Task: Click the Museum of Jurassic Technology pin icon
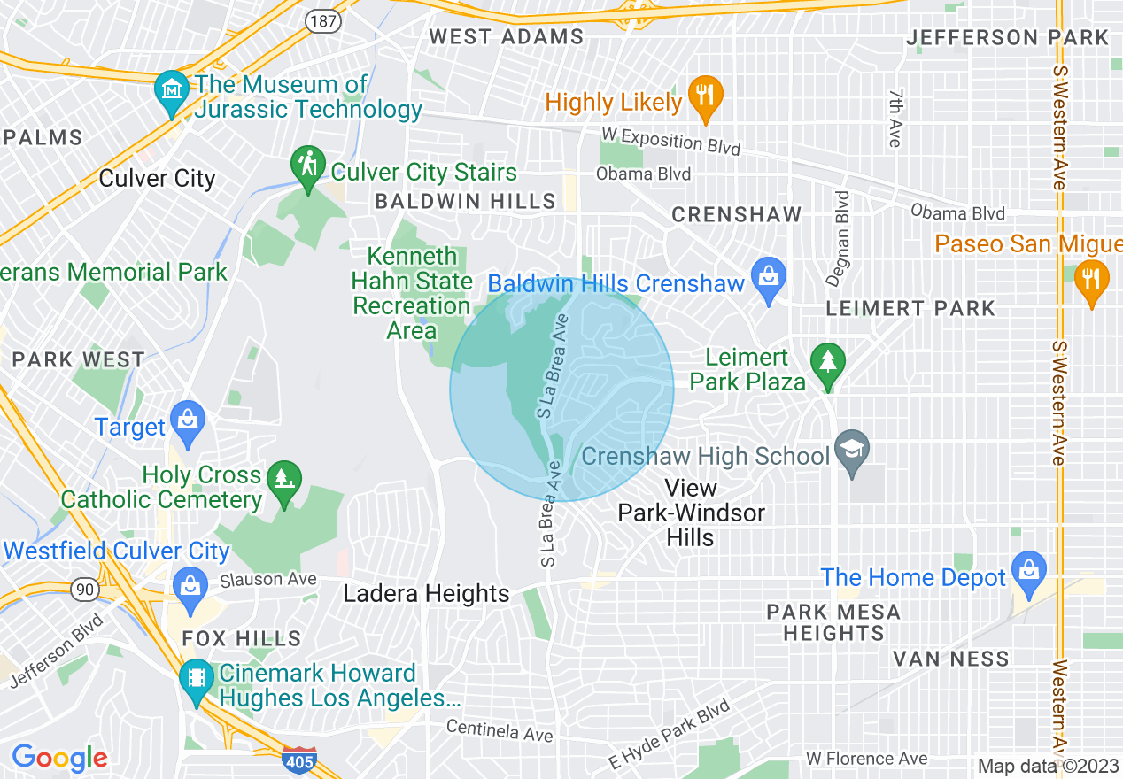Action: coord(171,89)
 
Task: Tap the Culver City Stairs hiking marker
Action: coord(307,166)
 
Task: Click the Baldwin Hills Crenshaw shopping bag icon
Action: coord(768,277)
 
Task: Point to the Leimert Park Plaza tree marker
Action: coord(827,363)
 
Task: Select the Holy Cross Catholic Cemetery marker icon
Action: coord(284,480)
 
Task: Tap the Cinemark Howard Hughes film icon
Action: coord(196,679)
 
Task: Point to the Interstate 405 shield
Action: coord(298,760)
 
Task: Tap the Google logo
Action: coord(59,758)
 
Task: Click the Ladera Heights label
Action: coord(426,593)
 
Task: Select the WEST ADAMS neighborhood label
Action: coord(507,36)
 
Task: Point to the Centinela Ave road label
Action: coord(500,730)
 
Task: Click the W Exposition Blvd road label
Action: coord(670,141)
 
